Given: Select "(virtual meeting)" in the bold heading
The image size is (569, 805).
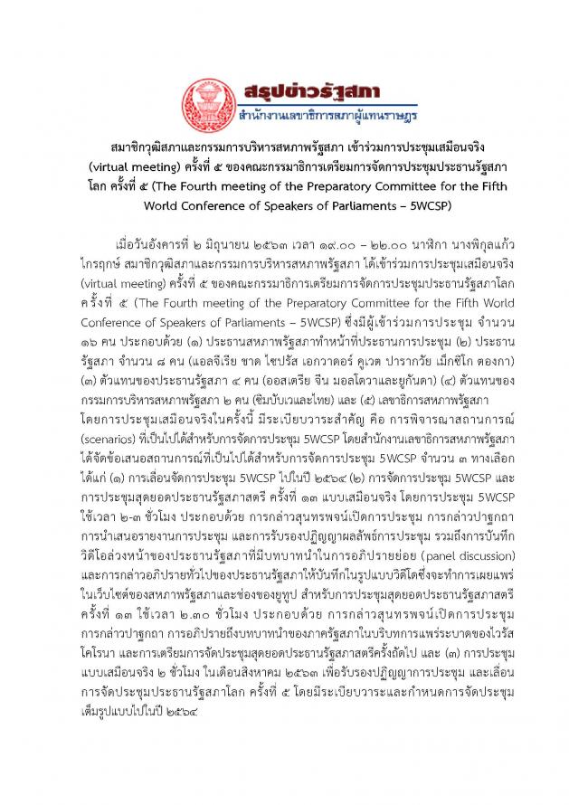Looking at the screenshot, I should coord(132,167).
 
